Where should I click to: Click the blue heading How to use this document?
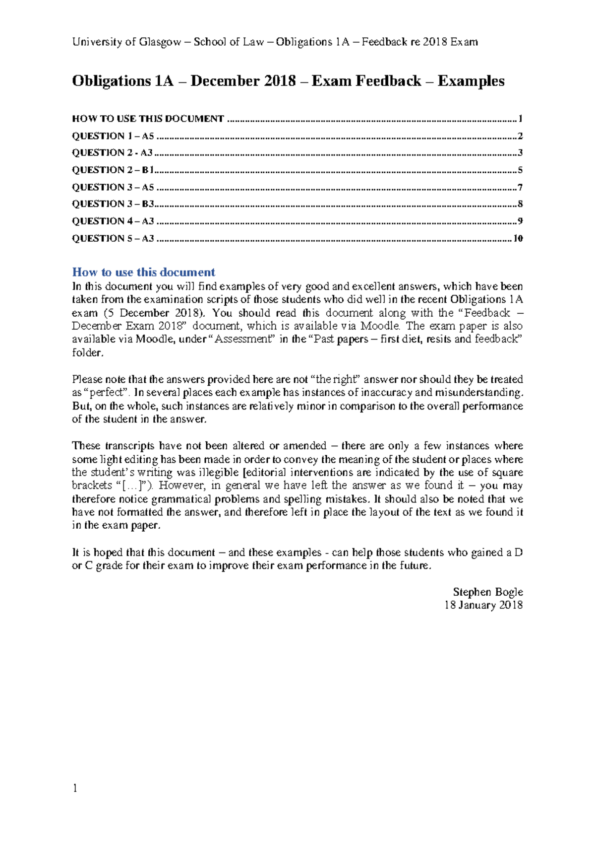[143, 272]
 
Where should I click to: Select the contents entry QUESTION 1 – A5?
[113, 136]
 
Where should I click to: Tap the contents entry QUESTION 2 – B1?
[113, 170]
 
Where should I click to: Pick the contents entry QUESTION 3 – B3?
[113, 204]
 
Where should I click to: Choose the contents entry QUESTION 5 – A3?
[113, 239]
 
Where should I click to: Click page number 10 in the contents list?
[518, 239]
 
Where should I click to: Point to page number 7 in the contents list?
[520, 188]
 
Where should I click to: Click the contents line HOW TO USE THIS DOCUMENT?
[148, 119]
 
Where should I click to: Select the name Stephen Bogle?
[487, 592]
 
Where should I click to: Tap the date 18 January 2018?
[483, 605]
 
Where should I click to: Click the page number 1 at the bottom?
[75, 788]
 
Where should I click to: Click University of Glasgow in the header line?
[126, 42]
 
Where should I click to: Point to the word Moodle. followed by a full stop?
[381, 326]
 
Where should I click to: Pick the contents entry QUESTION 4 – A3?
[113, 221]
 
